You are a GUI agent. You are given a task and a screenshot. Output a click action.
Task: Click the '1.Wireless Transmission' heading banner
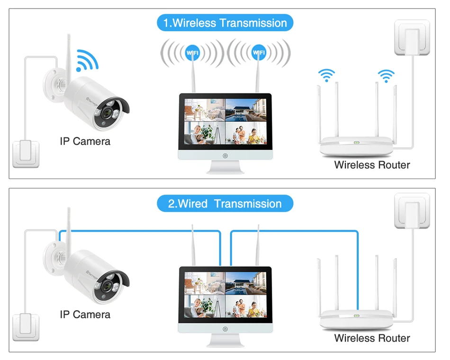coord(225,23)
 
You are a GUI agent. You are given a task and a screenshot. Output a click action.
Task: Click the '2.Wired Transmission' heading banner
coord(225,204)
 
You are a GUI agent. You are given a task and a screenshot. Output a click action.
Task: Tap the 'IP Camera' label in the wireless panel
coord(85,141)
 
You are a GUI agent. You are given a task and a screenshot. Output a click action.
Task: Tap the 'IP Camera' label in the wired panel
coord(85,315)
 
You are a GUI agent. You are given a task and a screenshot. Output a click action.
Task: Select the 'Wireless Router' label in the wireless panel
coord(372,165)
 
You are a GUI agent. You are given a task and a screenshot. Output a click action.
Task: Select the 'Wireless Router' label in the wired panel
coord(372,338)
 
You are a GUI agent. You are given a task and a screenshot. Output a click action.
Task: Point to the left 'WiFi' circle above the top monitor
coord(192,53)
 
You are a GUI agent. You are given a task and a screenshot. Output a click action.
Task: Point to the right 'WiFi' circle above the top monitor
coord(258,53)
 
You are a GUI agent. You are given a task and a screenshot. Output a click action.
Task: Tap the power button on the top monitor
coord(225,155)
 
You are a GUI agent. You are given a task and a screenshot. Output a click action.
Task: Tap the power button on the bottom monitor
coord(225,329)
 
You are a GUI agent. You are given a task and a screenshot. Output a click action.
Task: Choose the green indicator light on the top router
coord(356,141)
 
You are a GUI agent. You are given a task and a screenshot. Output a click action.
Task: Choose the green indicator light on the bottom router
coord(356,315)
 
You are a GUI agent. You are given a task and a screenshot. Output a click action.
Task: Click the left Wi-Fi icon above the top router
coord(326,74)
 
